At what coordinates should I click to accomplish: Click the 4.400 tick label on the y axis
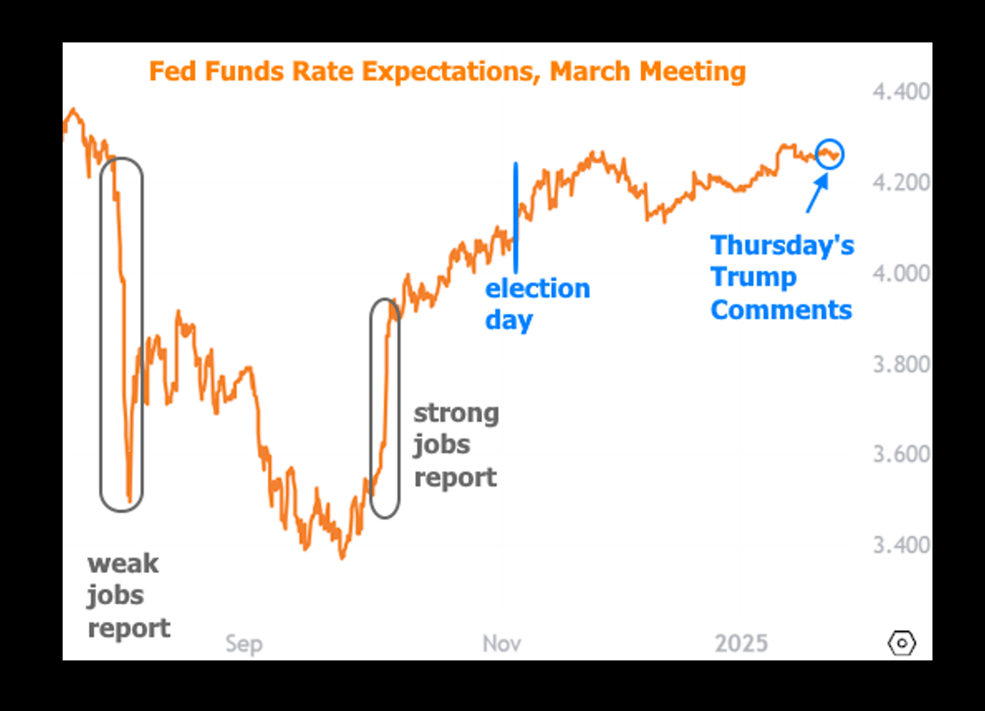(x=901, y=92)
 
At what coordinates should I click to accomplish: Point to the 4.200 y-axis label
(x=901, y=182)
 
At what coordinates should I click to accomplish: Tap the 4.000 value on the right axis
(x=901, y=273)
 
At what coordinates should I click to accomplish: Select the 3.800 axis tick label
(x=901, y=364)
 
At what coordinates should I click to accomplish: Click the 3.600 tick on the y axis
(x=901, y=454)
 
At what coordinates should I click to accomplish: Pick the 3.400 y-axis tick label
(x=901, y=545)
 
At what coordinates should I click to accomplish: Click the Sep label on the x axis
(x=244, y=644)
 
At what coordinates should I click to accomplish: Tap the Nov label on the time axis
(x=502, y=643)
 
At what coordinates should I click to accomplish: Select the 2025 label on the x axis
(x=741, y=643)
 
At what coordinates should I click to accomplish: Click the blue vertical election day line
(x=516, y=217)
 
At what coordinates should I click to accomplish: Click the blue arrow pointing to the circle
(x=817, y=193)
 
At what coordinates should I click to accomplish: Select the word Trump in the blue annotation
(x=754, y=278)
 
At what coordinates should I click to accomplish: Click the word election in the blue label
(x=538, y=289)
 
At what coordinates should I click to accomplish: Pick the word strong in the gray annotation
(x=456, y=414)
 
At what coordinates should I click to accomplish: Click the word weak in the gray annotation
(x=123, y=563)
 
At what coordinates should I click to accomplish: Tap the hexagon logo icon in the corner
(x=901, y=643)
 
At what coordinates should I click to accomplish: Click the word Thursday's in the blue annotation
(x=782, y=245)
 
